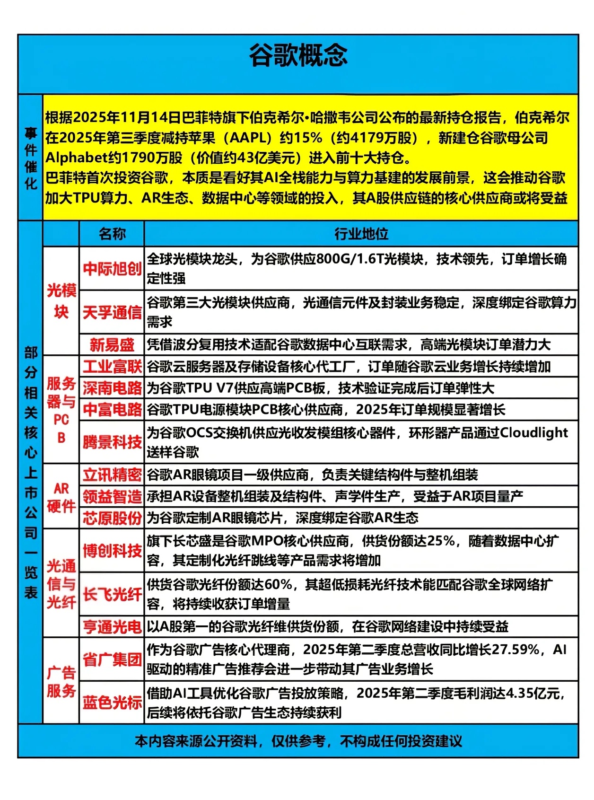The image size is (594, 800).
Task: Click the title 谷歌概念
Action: pos(298,56)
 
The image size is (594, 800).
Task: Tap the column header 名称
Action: pos(112,234)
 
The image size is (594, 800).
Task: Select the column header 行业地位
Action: pos(361,234)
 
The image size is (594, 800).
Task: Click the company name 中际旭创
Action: pos(112,269)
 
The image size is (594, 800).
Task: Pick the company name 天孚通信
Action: pos(112,312)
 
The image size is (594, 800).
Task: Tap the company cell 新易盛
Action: pos(112,345)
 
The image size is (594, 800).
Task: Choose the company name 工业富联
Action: pos(112,367)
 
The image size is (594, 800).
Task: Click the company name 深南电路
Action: pos(112,388)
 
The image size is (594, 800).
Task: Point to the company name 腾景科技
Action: pos(112,442)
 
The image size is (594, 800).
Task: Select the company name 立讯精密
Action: pos(112,475)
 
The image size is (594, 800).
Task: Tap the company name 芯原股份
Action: pos(112,518)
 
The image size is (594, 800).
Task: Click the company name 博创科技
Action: pos(112,551)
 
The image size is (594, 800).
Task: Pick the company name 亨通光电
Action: pos(112,627)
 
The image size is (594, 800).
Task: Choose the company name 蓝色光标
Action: pos(112,703)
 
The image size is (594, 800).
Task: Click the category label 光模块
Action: pos(61,301)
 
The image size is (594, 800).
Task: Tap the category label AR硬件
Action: pos(61,497)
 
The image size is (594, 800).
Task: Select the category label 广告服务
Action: pos(61,681)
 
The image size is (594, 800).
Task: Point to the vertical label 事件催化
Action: pos(31,158)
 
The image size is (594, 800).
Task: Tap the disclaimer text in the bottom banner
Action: pos(298,741)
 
